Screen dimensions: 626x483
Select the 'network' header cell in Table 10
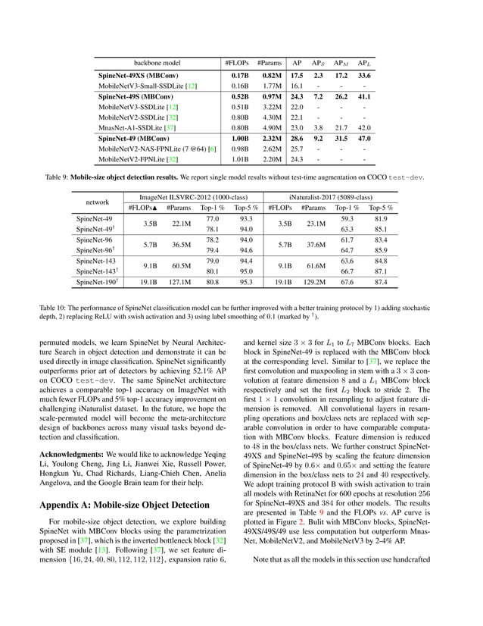[x=98, y=203]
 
